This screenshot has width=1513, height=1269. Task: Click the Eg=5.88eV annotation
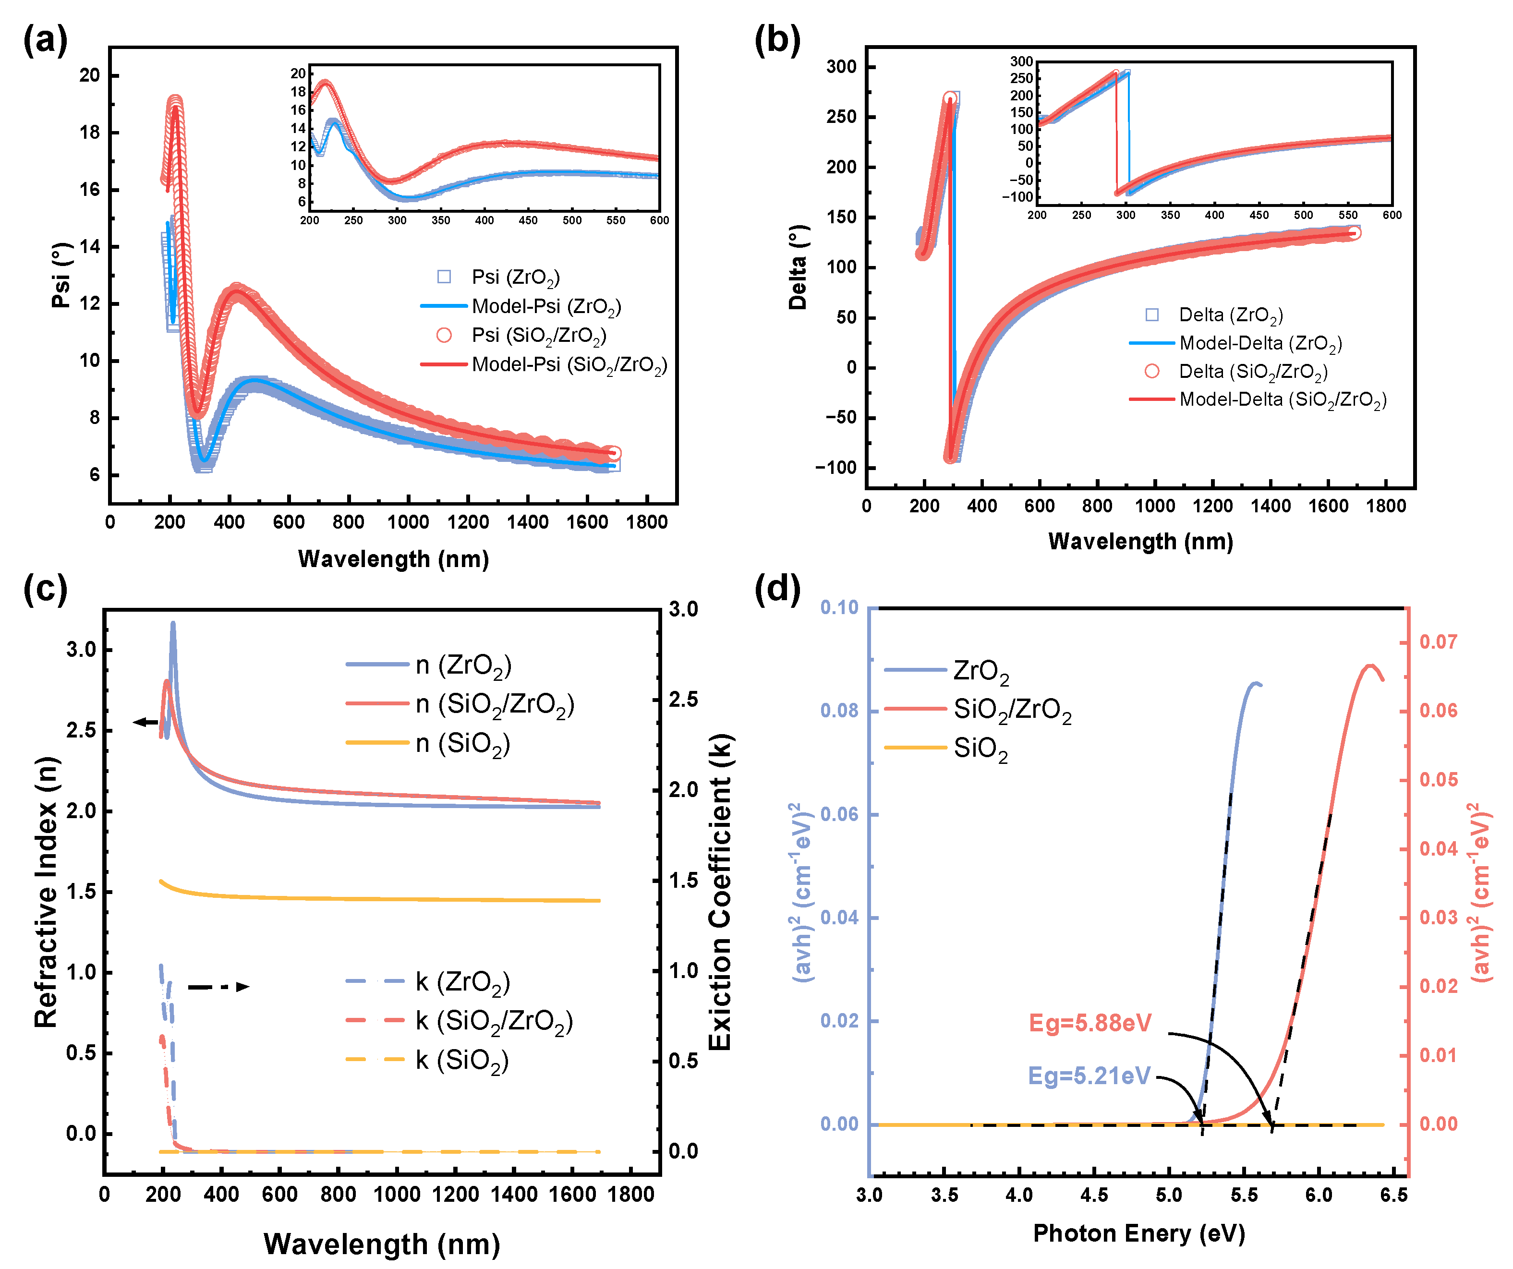point(1089,1023)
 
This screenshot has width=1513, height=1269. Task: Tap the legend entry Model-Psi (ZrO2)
point(545,307)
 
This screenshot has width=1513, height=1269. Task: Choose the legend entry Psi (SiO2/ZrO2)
point(538,336)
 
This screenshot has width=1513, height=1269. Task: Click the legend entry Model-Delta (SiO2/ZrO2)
point(1282,400)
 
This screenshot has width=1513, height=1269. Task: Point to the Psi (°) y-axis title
point(62,275)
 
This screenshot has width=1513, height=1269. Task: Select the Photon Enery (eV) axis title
point(1139,1233)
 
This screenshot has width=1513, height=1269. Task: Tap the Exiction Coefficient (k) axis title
point(720,892)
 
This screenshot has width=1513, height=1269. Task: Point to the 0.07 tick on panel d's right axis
point(1437,642)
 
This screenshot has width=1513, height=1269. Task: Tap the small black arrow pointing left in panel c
point(147,722)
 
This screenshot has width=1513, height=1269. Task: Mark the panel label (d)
point(777,589)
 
